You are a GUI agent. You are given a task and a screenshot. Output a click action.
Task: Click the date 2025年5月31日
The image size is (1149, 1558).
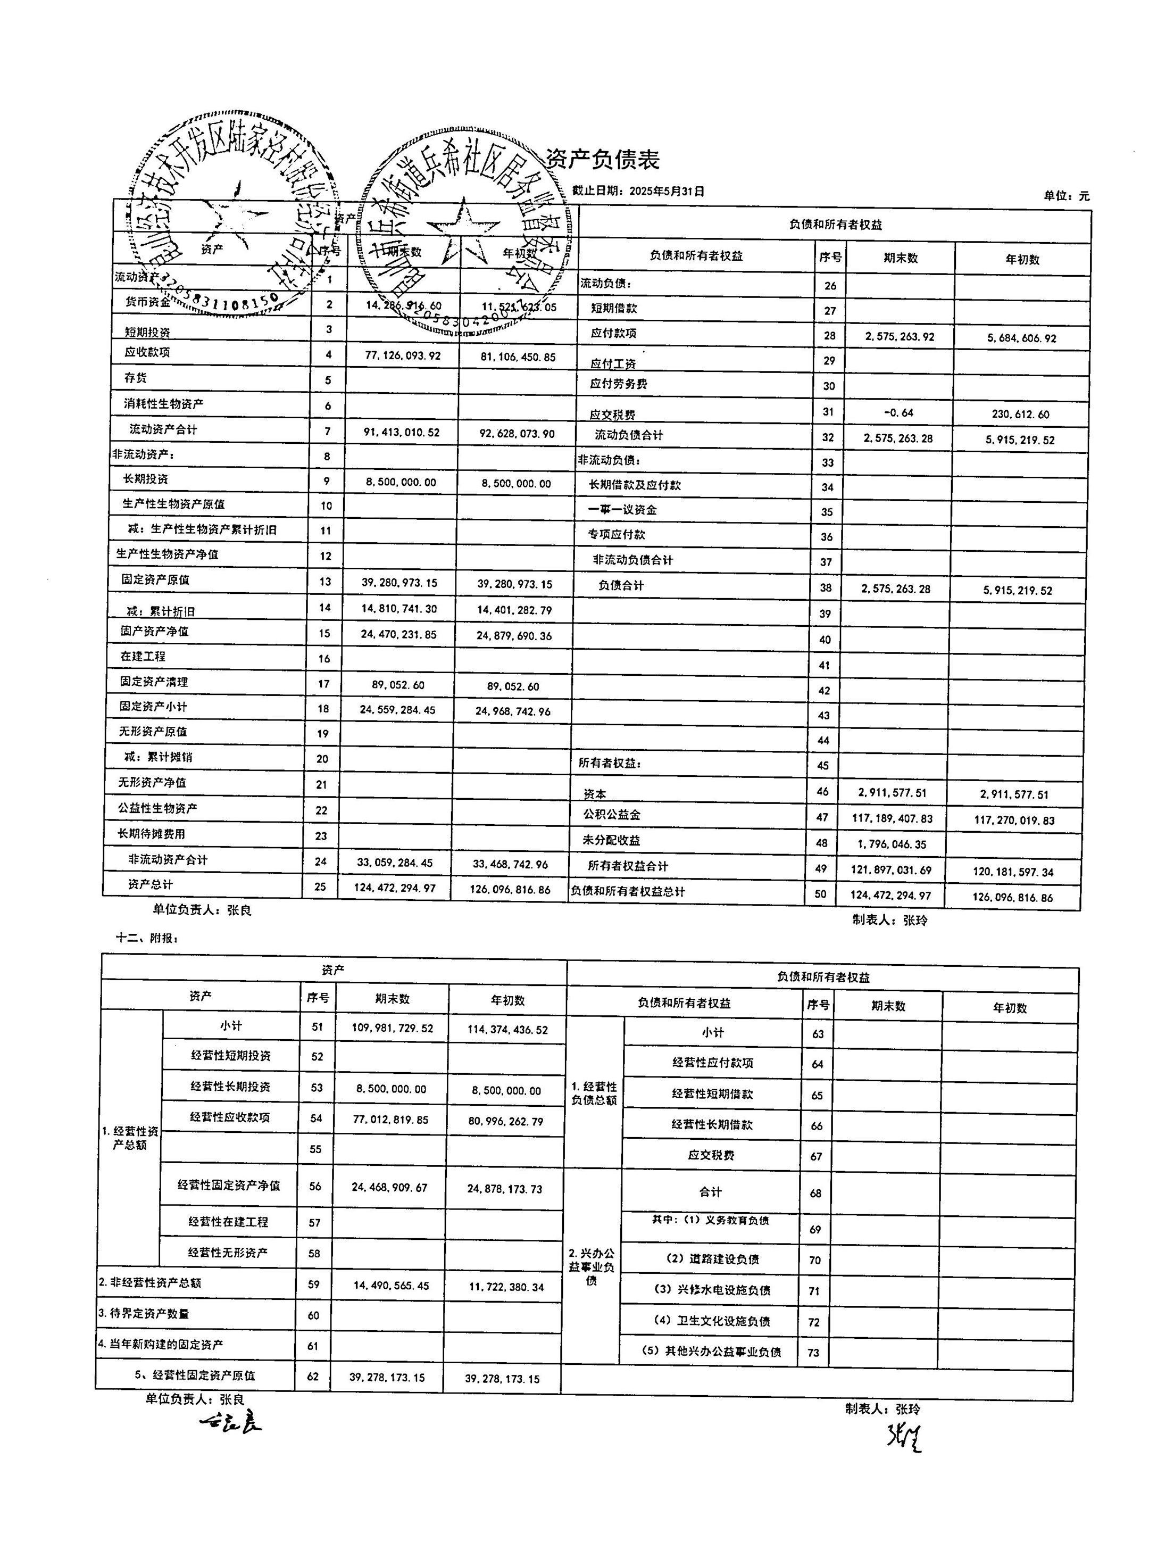pyautogui.click(x=667, y=191)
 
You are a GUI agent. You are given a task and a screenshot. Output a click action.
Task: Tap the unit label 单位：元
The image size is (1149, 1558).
pyautogui.click(x=1066, y=196)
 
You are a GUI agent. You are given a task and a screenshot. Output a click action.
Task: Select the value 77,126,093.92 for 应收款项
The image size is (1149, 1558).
pyautogui.click(x=403, y=356)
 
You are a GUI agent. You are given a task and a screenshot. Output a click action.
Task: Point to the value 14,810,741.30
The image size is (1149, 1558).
pyautogui.click(x=399, y=609)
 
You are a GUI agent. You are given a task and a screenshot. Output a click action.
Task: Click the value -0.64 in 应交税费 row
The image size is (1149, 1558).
pyautogui.click(x=898, y=413)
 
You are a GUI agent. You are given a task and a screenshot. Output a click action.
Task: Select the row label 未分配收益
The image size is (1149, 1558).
pyautogui.click(x=611, y=840)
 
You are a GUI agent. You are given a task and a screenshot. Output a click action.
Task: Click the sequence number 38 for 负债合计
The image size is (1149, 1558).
pyautogui.click(x=826, y=588)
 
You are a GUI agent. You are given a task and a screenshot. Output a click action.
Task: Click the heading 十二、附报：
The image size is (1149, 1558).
pyautogui.click(x=147, y=938)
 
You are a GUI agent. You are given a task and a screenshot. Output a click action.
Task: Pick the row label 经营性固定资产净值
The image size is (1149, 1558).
pyautogui.click(x=229, y=1185)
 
